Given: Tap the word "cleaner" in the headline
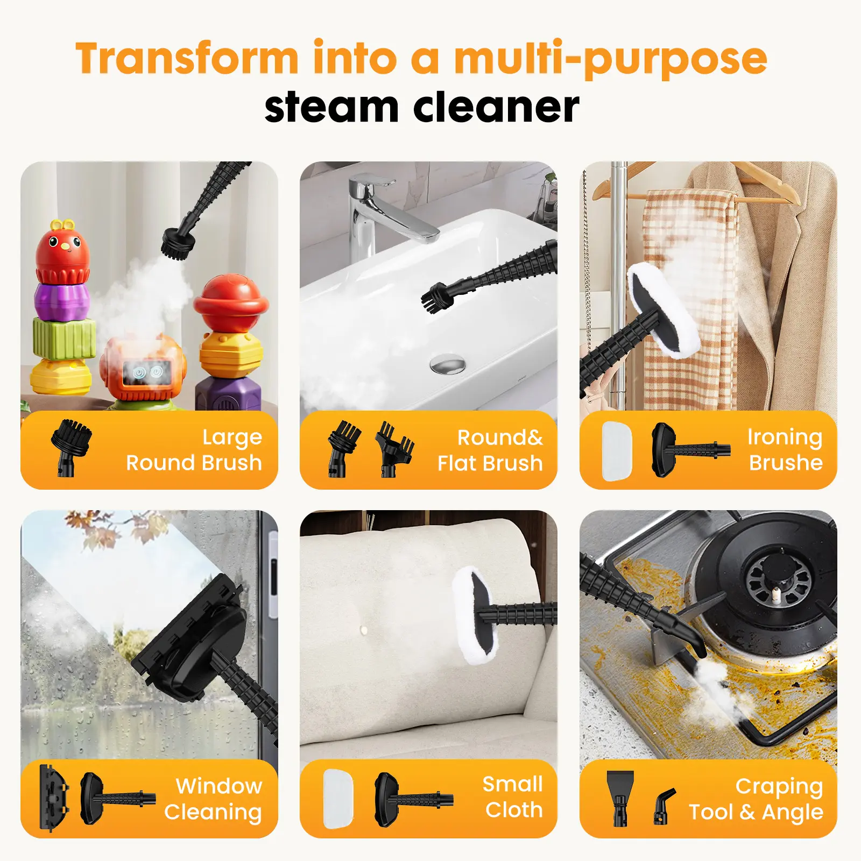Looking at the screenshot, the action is click(496, 107).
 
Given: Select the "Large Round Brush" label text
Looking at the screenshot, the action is click(194, 450).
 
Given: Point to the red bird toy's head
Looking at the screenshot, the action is click(62, 251).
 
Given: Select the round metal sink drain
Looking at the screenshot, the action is click(447, 364).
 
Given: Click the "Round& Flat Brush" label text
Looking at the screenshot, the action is click(490, 450).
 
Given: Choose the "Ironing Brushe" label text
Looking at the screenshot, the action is click(785, 450).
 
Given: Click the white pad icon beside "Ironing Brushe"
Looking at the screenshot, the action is click(617, 450).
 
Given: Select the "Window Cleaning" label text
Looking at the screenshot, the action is click(213, 799).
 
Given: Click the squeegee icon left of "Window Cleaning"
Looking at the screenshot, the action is click(54, 799).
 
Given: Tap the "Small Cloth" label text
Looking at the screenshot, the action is click(513, 797).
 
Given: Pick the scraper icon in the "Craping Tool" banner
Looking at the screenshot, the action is click(620, 798).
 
